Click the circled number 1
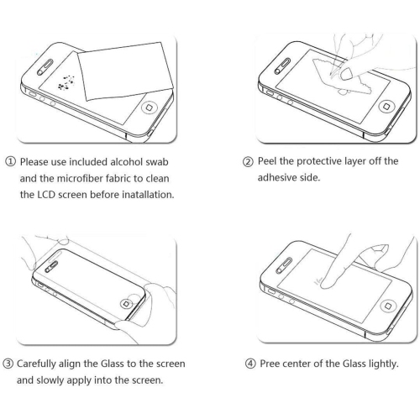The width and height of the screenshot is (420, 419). pos(10,162)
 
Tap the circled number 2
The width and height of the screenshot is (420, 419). pos(248,162)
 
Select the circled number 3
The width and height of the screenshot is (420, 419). pos(8,364)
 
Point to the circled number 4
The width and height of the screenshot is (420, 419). pos(250,364)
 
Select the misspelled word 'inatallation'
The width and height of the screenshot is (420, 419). pos(148,195)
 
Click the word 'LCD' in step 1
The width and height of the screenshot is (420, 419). pos(46,195)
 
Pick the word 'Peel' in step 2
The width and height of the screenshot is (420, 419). pos(267,161)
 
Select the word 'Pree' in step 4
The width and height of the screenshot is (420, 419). pos(270,364)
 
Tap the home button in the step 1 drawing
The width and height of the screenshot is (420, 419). pos(149,107)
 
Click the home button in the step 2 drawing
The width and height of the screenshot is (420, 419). pos(386,107)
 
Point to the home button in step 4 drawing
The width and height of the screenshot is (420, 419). pos(388,306)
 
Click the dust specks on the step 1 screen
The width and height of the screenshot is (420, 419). pos(66,83)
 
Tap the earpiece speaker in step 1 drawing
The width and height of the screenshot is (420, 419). pos(45,67)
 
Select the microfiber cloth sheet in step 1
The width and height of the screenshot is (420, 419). pos(125,71)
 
